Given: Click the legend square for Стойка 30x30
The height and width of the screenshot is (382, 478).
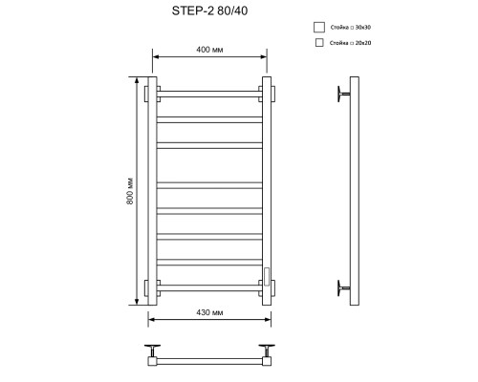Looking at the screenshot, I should (x=318, y=28).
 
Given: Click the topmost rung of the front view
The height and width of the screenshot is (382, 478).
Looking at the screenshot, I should (x=208, y=94).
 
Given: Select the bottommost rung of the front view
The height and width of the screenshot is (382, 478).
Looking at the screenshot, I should (x=208, y=286).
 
